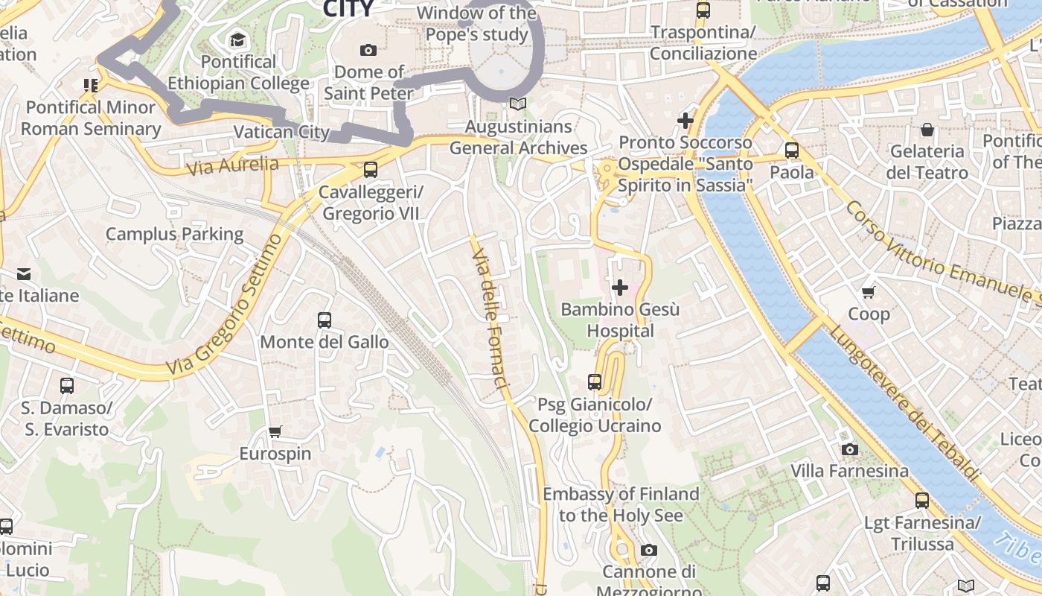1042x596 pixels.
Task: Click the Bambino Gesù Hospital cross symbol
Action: pos(619,287)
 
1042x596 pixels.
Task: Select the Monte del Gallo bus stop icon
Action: pos(325,320)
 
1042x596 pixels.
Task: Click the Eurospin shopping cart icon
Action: pos(275,431)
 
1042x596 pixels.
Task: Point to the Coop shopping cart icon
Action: pos(868,292)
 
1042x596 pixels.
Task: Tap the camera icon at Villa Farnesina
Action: pos(849,449)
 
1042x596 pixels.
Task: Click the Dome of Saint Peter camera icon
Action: pos(368,50)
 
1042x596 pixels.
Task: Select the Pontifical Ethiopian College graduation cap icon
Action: pos(237,39)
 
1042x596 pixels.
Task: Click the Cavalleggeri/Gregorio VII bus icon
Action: pos(371,170)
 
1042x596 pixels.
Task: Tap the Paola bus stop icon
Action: pos(791,150)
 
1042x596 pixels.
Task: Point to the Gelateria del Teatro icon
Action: pos(927,130)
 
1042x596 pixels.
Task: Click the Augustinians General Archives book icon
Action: pos(519,105)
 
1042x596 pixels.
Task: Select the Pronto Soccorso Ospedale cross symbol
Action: pos(685,120)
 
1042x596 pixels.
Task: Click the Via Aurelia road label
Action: pos(232,165)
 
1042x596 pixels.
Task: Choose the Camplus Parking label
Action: pos(174,234)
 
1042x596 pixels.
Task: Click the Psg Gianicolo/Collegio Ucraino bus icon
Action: pos(594,382)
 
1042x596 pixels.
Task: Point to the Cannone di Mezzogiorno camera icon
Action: pos(648,550)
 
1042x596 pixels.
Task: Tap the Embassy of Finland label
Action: pos(621,504)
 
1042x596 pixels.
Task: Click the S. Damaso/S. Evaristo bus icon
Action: pos(67,386)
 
